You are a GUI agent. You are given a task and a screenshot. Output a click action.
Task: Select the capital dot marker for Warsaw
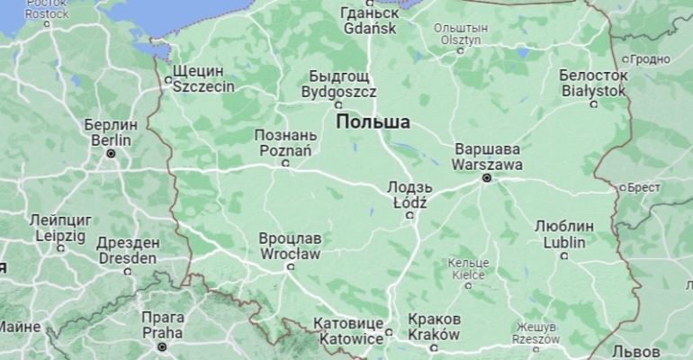click(x=487, y=178)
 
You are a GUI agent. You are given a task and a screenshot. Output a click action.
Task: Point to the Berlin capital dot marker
click(x=111, y=154)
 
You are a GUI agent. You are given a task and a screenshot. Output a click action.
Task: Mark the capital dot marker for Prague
click(x=163, y=346)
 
